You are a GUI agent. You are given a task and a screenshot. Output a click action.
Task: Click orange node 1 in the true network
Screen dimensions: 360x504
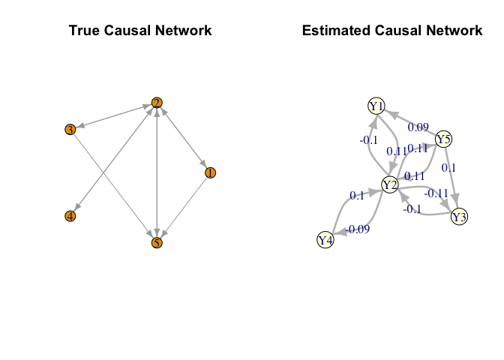210,172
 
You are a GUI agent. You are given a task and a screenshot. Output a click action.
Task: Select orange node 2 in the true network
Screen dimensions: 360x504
157,103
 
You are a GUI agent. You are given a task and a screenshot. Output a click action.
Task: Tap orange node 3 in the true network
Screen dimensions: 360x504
70,130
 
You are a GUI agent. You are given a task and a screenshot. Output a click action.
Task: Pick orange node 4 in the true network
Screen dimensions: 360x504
70,216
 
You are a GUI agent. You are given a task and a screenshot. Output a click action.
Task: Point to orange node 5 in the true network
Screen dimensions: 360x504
157,242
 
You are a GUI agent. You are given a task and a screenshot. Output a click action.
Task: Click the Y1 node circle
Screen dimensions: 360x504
376,106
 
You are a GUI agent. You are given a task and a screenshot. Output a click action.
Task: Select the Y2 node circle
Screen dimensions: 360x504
389,184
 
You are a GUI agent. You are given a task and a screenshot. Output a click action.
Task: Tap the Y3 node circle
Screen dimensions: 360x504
460,217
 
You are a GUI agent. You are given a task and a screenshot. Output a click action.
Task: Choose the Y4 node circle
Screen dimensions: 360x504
325,240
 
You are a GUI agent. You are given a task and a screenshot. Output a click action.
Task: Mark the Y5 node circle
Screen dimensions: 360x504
444,139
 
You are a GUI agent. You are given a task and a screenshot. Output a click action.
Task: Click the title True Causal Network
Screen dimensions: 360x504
140,31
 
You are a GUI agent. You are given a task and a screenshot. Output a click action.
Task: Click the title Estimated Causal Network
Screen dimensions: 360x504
392,31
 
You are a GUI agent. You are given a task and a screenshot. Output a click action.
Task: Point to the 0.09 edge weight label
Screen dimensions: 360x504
418,127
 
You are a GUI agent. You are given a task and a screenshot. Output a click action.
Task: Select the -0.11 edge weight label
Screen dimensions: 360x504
436,193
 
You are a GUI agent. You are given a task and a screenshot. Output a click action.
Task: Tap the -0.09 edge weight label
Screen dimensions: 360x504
357,229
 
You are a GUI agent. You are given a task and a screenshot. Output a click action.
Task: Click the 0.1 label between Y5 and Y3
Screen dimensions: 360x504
448,167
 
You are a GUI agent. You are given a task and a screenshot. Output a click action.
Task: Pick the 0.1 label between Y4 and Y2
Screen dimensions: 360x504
357,196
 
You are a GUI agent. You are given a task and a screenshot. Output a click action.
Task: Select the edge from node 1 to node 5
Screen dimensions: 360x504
184,207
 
